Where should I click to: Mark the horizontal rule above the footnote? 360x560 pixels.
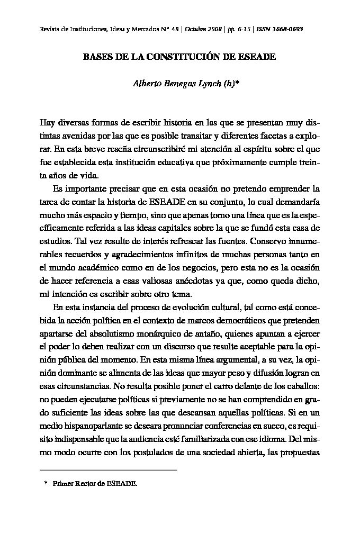[109, 469]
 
